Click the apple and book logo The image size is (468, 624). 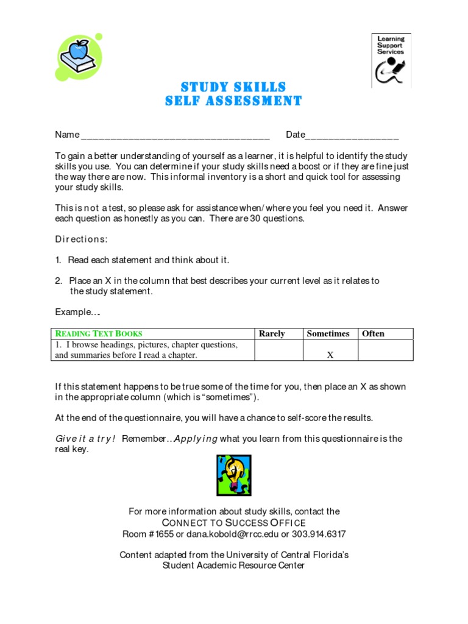click(78, 57)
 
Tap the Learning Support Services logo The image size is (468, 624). click(391, 60)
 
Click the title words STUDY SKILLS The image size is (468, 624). click(233, 87)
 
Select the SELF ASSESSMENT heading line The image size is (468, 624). click(233, 101)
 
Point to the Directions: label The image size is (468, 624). click(81, 239)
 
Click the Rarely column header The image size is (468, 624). click(272, 333)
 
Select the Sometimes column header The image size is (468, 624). click(328, 333)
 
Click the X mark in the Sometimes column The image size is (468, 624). click(330, 355)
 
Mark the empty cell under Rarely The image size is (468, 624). click(278, 350)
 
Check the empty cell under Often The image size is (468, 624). click(385, 350)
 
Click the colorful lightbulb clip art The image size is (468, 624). click(234, 475)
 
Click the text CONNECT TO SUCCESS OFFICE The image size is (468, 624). click(234, 523)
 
